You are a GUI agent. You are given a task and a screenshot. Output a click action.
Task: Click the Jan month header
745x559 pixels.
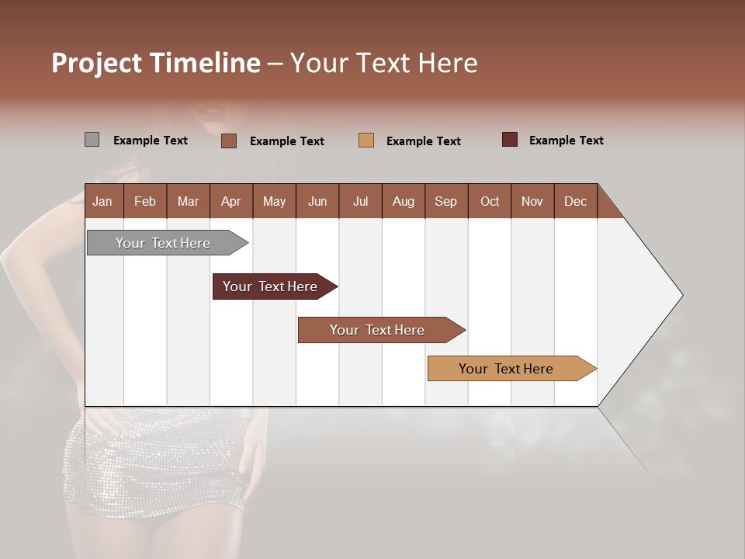(102, 201)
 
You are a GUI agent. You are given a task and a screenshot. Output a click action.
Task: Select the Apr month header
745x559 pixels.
(230, 201)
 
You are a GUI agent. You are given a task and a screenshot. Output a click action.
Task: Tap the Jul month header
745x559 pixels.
(360, 201)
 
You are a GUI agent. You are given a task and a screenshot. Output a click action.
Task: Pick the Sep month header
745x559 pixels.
(445, 201)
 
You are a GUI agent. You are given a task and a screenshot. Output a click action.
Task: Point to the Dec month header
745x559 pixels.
(575, 201)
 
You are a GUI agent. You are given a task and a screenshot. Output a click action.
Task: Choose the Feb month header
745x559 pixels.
(145, 201)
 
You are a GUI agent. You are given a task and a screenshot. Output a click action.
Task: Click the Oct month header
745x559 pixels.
(490, 201)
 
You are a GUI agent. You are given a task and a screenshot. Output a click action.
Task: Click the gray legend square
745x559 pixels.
(92, 140)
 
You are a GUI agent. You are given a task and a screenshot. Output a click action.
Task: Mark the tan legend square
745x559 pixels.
(366, 141)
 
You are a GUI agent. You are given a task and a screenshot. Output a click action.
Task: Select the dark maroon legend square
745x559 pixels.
(510, 140)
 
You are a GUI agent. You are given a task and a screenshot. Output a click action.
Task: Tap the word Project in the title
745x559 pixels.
(96, 63)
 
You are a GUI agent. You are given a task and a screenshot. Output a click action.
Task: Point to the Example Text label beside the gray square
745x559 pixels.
(151, 141)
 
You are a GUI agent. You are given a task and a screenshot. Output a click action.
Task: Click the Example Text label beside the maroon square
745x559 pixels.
(567, 141)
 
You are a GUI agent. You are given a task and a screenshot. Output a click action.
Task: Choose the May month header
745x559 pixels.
(274, 201)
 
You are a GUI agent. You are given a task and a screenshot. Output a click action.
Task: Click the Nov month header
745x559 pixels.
(532, 201)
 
